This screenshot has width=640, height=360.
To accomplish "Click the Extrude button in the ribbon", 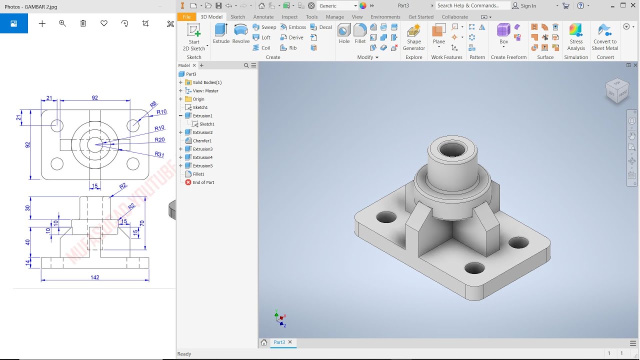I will [x=221, y=33].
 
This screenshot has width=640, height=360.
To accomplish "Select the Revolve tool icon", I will [x=240, y=33].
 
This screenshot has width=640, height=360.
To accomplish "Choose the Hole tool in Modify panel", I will [x=344, y=33].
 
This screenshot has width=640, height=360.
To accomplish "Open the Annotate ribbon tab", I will [x=263, y=16].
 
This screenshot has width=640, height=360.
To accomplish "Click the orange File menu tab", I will [x=186, y=16].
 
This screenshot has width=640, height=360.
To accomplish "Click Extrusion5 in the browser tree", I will [x=202, y=166].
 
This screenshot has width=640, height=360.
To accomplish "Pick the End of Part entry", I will [x=203, y=182].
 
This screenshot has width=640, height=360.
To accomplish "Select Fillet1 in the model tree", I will [x=198, y=174].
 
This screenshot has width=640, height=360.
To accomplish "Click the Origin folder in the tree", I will [x=198, y=99].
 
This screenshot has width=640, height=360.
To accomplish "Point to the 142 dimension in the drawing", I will [x=95, y=277].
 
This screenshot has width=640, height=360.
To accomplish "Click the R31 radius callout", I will [x=159, y=154].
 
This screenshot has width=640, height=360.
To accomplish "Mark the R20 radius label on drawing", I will [x=159, y=140].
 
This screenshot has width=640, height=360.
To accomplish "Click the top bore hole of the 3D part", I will [x=451, y=149].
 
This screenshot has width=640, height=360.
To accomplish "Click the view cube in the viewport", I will [x=617, y=90].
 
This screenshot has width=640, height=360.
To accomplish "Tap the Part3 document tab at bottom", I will [x=279, y=342].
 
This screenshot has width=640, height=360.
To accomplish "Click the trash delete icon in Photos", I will [x=83, y=23].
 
